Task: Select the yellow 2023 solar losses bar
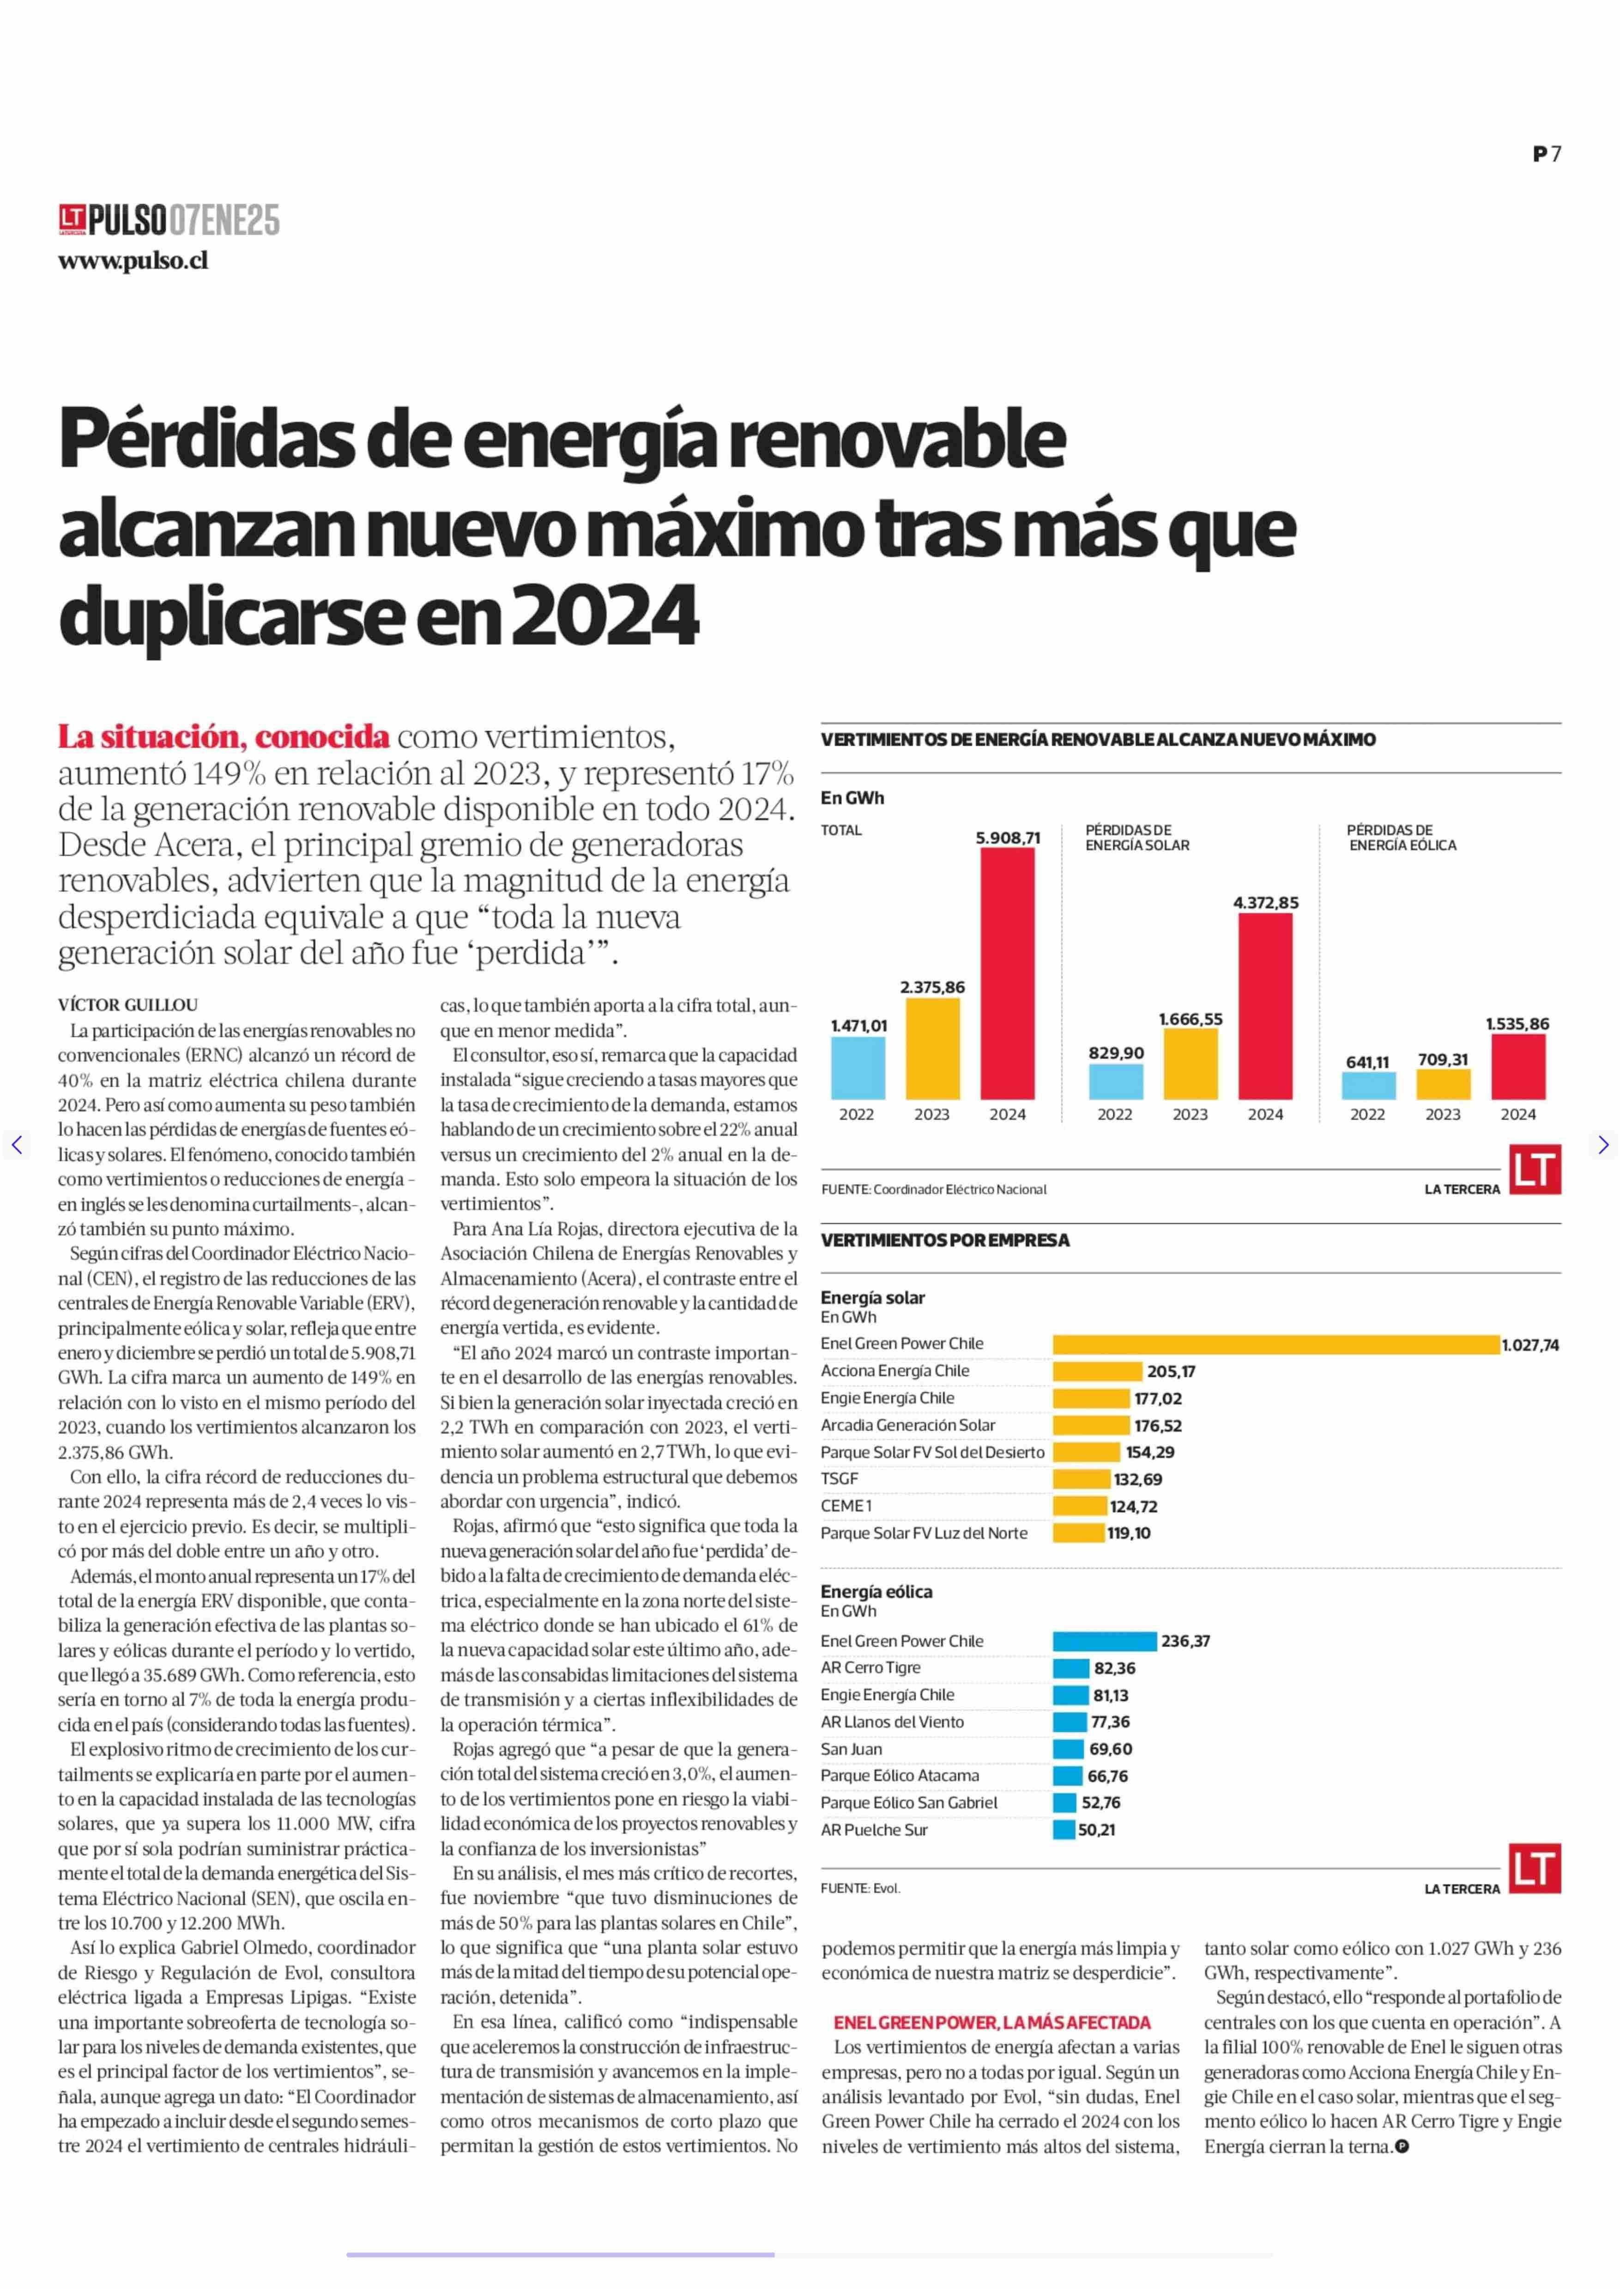point(1190,1063)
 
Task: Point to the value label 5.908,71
point(1008,838)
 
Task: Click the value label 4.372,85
point(1266,903)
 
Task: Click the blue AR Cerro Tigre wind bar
point(1071,1668)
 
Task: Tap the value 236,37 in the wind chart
point(1185,1641)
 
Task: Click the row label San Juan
point(851,1748)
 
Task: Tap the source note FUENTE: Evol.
point(860,1888)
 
